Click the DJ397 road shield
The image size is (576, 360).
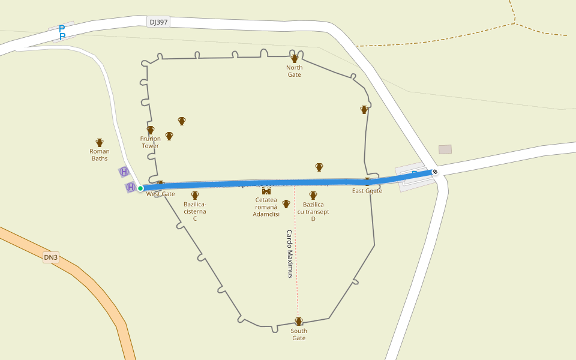pyautogui.click(x=159, y=22)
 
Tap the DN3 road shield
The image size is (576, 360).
pyautogui.click(x=51, y=258)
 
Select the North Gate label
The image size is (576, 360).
pyautogui.click(x=294, y=71)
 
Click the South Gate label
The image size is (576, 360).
pyautogui.click(x=299, y=334)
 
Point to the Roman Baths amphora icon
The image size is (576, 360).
pyautogui.click(x=100, y=143)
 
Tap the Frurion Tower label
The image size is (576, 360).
pyautogui.click(x=151, y=142)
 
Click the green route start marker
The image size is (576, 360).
pyautogui.click(x=140, y=188)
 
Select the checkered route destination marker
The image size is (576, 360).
pyautogui.click(x=435, y=173)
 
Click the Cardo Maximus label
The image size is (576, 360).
pyautogui.click(x=290, y=254)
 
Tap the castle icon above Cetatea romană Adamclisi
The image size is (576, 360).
pyautogui.click(x=266, y=191)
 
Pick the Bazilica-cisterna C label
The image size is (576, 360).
pyautogui.click(x=195, y=211)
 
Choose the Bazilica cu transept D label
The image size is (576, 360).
pyautogui.click(x=313, y=211)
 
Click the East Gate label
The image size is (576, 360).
pyautogui.click(x=367, y=191)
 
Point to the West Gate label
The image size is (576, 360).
pyautogui.click(x=161, y=194)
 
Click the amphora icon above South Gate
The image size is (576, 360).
pyautogui.click(x=299, y=322)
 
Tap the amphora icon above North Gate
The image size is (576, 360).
pyautogui.click(x=295, y=58)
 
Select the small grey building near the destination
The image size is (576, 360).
pyautogui.click(x=445, y=149)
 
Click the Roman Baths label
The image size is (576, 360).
pyautogui.click(x=100, y=155)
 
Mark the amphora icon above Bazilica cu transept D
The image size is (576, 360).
pyautogui.click(x=313, y=196)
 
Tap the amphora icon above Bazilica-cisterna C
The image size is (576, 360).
pyautogui.click(x=195, y=196)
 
